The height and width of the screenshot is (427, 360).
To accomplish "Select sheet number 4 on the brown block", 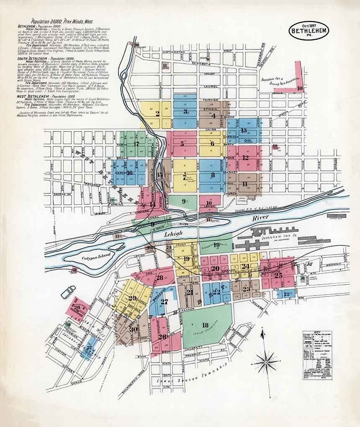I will (213, 115).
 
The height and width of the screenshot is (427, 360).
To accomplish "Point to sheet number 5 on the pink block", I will (182, 144).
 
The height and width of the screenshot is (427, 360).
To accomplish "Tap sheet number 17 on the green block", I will (136, 144).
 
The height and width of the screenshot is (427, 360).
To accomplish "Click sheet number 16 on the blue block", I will (129, 172).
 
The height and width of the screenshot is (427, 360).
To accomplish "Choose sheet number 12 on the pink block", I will (245, 158).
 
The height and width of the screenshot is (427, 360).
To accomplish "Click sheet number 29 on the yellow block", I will (133, 298).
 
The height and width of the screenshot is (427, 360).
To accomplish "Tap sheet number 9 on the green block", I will (183, 201).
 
